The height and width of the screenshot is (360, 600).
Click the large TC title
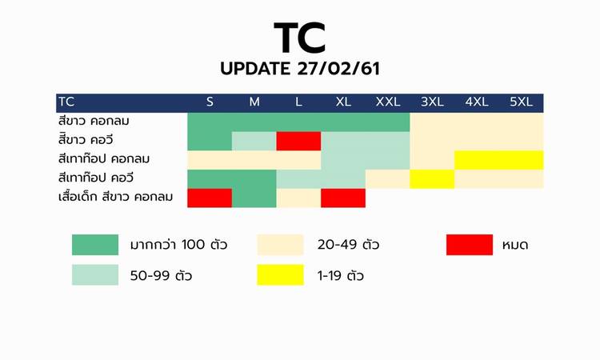[x=300, y=37]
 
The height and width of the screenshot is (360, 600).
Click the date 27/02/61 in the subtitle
[x=338, y=69]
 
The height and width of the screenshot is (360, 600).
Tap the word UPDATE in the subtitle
[x=255, y=69]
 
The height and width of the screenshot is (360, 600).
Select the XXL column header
[x=388, y=102]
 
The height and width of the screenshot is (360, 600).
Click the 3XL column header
[x=432, y=102]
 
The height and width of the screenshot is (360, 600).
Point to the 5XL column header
[x=521, y=102]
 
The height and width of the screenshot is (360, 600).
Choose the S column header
[x=210, y=102]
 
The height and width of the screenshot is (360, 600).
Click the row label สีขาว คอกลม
[x=94, y=121]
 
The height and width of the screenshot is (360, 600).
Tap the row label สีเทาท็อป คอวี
[x=96, y=178]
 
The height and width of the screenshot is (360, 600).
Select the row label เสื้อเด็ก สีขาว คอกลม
[x=115, y=197]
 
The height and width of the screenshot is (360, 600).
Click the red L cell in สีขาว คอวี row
[x=298, y=141]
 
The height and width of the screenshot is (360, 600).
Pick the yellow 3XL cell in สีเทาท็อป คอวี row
[x=432, y=179]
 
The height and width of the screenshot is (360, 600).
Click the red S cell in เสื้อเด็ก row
[x=210, y=198]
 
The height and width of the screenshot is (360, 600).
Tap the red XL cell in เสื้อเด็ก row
[x=343, y=198]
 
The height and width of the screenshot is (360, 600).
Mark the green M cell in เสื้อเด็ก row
[x=254, y=198]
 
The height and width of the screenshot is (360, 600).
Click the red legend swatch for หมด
[x=470, y=245]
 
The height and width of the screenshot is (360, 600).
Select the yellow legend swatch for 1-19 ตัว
[x=280, y=274]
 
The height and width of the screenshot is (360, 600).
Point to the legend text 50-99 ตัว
[x=161, y=275]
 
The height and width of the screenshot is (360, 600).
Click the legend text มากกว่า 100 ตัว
[x=178, y=245]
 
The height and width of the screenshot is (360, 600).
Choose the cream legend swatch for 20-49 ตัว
[x=280, y=245]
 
